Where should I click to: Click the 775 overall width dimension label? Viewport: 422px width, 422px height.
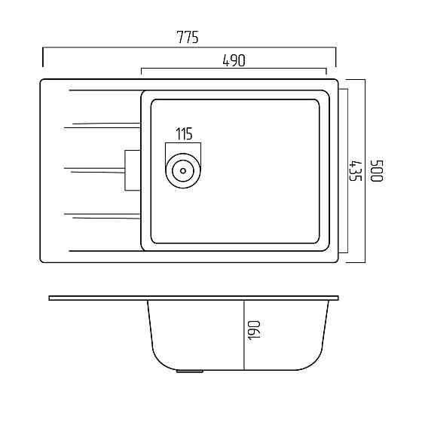[x=188, y=37]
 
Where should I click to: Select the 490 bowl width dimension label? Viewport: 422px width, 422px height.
[x=234, y=60]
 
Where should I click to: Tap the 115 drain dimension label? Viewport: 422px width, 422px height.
[x=184, y=134]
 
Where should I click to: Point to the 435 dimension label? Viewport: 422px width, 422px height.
[x=355, y=171]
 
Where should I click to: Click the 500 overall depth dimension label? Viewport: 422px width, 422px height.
[x=377, y=171]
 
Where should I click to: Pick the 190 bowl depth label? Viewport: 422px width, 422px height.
[x=254, y=331]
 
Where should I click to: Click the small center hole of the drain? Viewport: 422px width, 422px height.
[x=183, y=170]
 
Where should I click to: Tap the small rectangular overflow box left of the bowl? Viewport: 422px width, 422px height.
[x=133, y=170]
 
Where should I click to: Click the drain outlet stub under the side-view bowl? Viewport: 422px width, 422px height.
[x=190, y=372]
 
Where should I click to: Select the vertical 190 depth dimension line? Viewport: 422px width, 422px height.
[x=244, y=335]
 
